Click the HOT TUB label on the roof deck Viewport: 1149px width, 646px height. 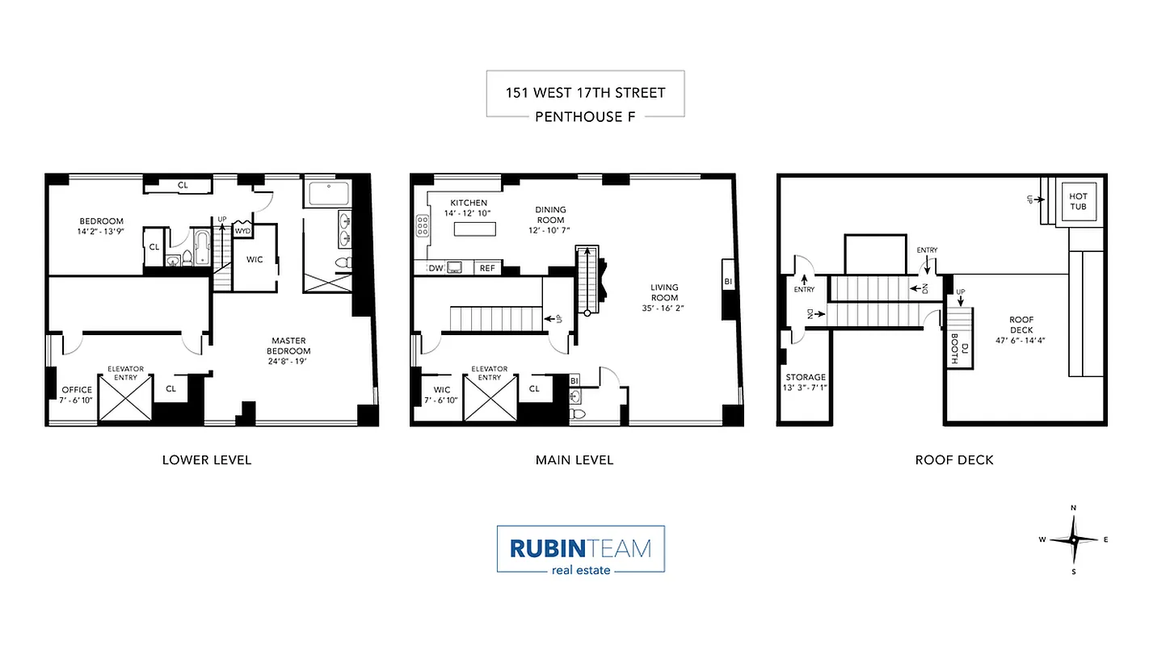[x=1078, y=201]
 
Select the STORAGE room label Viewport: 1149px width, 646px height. [x=806, y=382]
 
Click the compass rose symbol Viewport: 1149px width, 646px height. [x=1073, y=539]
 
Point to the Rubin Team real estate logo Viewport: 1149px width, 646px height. [x=580, y=550]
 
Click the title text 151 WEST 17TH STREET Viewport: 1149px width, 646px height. [x=585, y=92]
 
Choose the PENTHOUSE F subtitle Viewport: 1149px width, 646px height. [x=585, y=116]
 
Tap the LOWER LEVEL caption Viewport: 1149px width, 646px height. [x=207, y=460]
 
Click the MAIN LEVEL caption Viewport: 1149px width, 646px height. [x=574, y=460]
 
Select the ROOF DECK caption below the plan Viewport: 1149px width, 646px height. [x=953, y=460]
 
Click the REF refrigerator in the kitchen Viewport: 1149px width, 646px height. [x=487, y=268]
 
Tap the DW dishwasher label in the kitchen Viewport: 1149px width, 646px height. [x=436, y=268]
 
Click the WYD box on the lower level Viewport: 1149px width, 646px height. [x=242, y=230]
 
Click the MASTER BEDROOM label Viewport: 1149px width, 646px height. [x=288, y=346]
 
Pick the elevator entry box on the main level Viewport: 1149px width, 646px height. [x=489, y=398]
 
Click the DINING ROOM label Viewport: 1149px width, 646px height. [x=550, y=215]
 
